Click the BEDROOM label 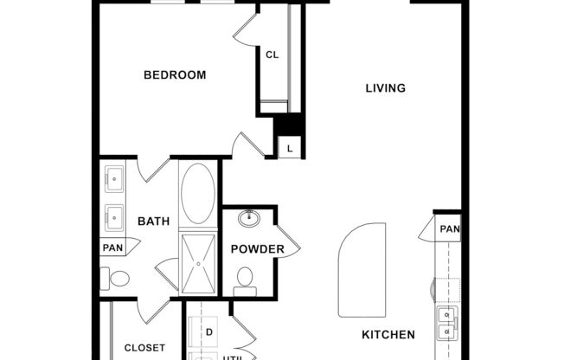coord(175,75)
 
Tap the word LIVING coord(385,88)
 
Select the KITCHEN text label coord(388,334)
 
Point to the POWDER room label coord(257,249)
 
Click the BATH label coord(153,222)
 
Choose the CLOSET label coord(144,348)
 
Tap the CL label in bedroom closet coord(272,55)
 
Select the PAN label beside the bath coord(112,247)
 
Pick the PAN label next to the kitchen coord(449,229)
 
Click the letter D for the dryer coord(208,331)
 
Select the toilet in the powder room coord(246,279)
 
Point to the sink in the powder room coord(251,216)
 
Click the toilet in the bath coord(117,279)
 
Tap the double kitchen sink coord(445,322)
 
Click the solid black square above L coord(287,125)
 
